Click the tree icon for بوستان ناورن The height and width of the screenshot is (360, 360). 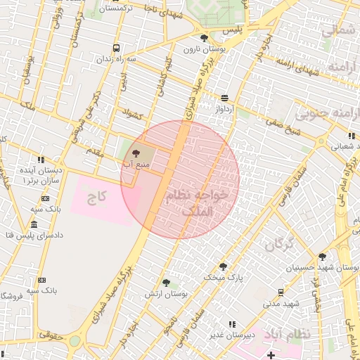[x=204, y=38]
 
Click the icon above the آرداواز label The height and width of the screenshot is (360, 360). [x=224, y=98]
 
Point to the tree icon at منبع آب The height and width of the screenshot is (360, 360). [x=136, y=152]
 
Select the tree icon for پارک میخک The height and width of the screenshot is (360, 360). [x=223, y=266]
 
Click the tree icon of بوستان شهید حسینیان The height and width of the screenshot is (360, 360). [x=322, y=257]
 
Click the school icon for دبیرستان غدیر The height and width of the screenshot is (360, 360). [x=231, y=324]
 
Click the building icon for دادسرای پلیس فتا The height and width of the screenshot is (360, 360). [x=34, y=224]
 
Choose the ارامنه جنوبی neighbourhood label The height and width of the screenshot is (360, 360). [x=328, y=115]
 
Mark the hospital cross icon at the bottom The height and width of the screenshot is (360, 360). [x=271, y=354]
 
